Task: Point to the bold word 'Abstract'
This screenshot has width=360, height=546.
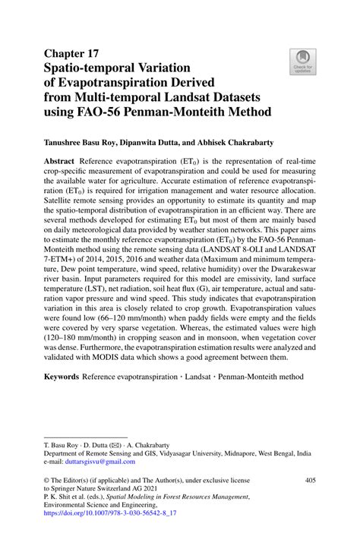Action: [64, 163]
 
